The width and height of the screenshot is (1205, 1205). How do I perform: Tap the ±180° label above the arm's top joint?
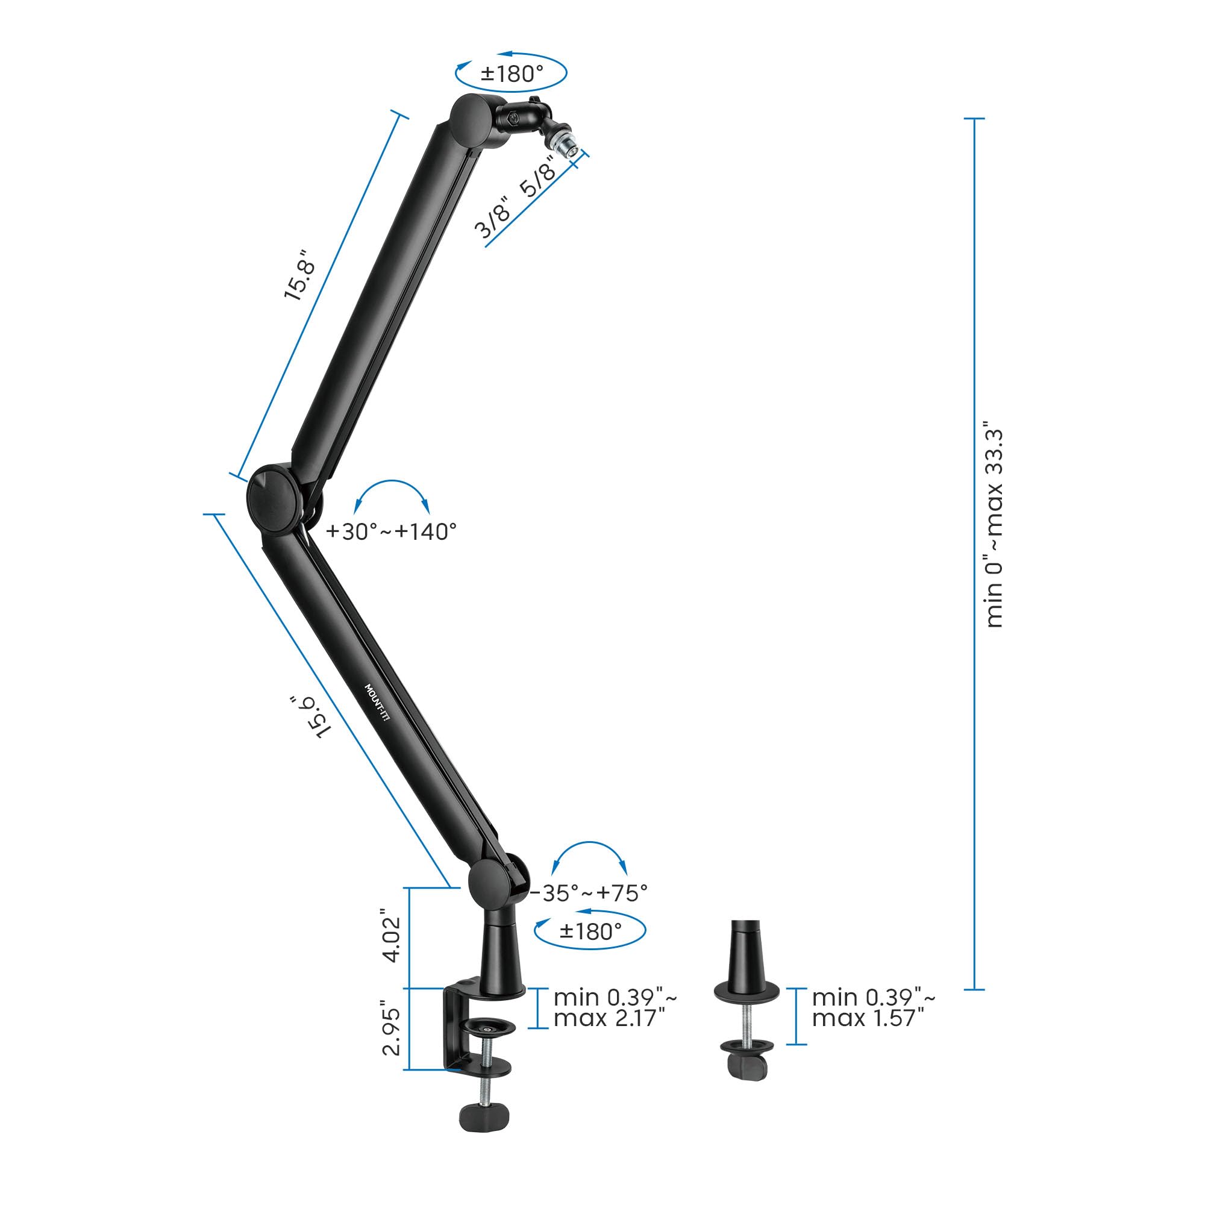point(512,74)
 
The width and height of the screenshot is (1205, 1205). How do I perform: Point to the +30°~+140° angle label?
point(392,532)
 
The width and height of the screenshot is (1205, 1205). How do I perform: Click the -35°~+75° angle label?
point(589,893)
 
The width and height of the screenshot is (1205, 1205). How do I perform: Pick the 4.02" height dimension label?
point(391,935)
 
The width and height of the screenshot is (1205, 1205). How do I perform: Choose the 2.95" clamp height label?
point(391,1028)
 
